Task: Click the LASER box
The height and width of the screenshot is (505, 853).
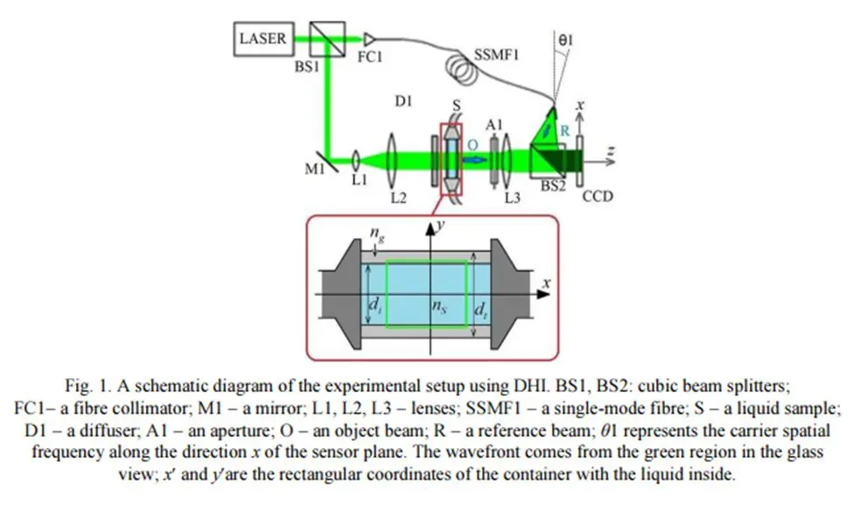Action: (x=264, y=39)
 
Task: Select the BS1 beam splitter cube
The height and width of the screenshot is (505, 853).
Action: (x=327, y=39)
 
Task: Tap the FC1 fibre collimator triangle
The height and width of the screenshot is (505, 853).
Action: (x=370, y=39)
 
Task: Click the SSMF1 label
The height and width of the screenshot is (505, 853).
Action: (x=496, y=55)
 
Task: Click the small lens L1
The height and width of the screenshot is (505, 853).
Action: (x=356, y=160)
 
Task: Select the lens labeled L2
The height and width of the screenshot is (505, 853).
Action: (x=391, y=160)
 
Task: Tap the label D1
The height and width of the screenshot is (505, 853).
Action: (x=403, y=102)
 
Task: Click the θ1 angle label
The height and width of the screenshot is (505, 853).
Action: (x=566, y=39)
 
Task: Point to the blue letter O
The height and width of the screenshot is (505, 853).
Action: (x=472, y=144)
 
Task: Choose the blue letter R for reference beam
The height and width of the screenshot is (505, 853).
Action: (x=564, y=130)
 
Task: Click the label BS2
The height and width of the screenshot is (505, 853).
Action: (x=553, y=186)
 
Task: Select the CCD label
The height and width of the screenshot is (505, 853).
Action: (x=598, y=196)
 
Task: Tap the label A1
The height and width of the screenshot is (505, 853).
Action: (x=494, y=125)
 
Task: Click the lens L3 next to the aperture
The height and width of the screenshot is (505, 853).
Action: (x=507, y=160)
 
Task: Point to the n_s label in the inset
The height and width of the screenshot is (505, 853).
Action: (x=439, y=306)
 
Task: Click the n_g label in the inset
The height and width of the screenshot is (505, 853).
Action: (x=376, y=233)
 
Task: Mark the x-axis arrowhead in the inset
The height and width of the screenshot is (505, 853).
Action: (x=543, y=294)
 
